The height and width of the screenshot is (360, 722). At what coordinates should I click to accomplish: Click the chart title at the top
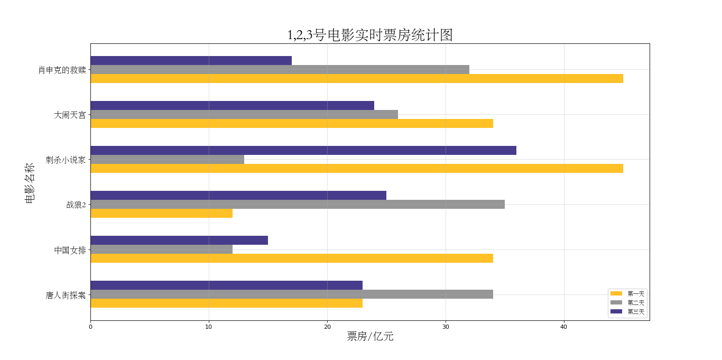(369, 35)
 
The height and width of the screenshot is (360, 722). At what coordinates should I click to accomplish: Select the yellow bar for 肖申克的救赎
(356, 79)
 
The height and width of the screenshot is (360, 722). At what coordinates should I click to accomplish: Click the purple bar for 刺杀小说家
(303, 151)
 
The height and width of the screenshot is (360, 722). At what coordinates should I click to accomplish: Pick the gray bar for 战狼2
(297, 205)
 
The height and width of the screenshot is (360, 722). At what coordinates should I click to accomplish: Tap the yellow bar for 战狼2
(161, 214)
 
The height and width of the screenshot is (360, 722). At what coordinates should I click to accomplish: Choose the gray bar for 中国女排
(161, 250)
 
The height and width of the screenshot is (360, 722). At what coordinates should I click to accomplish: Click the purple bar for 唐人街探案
(226, 285)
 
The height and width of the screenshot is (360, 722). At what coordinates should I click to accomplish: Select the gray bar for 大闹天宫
(244, 115)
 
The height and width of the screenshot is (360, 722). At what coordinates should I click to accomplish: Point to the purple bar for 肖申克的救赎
(191, 61)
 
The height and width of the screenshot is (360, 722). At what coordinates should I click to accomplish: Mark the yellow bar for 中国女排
(291, 259)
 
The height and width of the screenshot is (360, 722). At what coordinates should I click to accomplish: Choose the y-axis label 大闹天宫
(70, 115)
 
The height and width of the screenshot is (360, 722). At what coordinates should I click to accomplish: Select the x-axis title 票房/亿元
(370, 337)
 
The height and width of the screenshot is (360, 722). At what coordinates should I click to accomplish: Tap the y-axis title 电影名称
(30, 183)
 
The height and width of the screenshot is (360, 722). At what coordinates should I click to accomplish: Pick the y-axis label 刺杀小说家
(66, 160)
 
